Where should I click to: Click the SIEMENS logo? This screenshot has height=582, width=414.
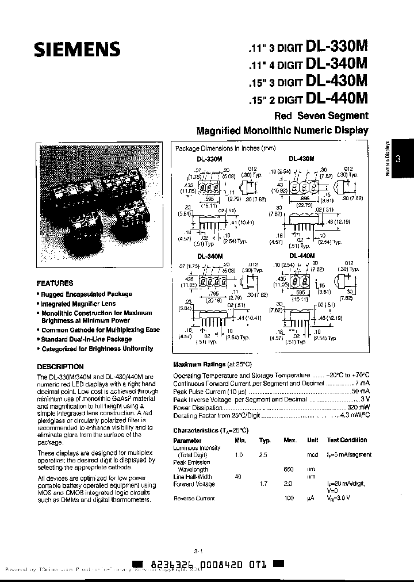[x=76, y=50]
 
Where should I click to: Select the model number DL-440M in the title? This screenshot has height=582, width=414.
[x=337, y=98]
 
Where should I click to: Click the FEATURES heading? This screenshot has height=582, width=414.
[x=55, y=283]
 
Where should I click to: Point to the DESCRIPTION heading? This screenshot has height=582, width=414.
[x=60, y=366]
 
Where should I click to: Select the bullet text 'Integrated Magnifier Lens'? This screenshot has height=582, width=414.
[x=78, y=303]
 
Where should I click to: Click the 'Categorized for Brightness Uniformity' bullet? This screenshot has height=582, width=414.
[x=97, y=349]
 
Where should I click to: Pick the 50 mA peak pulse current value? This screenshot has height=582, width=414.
[x=359, y=391]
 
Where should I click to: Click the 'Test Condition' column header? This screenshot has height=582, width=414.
[x=347, y=440]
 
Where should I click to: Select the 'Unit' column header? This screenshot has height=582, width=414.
[x=312, y=440]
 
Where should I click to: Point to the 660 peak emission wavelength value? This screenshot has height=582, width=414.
[x=289, y=469]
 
